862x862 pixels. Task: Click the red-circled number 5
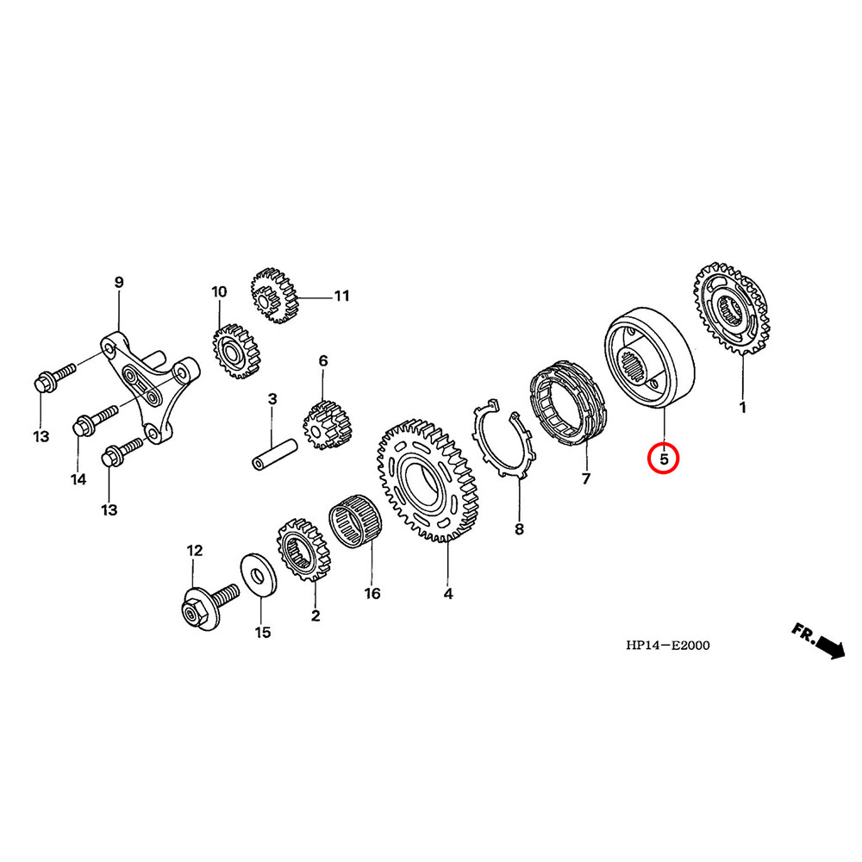(664, 459)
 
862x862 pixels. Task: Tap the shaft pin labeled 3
(275, 455)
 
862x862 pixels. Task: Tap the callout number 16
(372, 594)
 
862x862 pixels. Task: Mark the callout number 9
(119, 282)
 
